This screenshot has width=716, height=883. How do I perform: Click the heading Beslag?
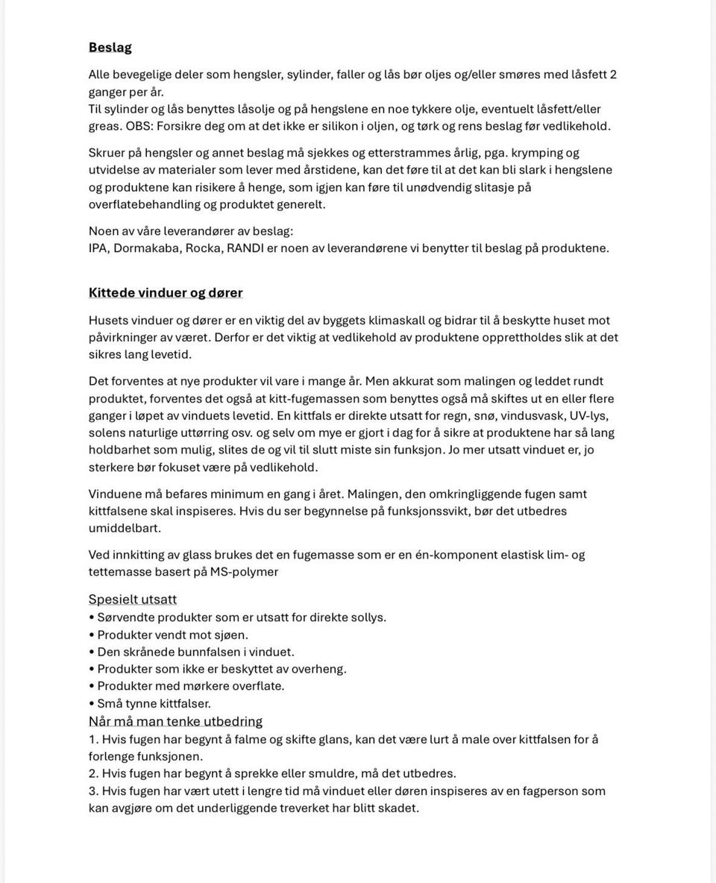click(110, 48)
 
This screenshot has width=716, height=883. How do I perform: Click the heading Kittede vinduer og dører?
click(166, 293)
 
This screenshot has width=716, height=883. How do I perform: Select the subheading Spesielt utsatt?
click(133, 600)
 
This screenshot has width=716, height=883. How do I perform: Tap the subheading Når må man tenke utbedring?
click(175, 722)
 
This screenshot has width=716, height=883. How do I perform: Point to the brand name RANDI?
click(245, 248)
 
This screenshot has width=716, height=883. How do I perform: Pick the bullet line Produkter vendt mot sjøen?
click(172, 635)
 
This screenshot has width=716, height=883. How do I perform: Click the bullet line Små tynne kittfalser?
click(154, 703)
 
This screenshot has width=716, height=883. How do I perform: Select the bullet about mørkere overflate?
click(190, 686)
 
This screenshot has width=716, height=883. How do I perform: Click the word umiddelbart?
click(125, 529)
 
